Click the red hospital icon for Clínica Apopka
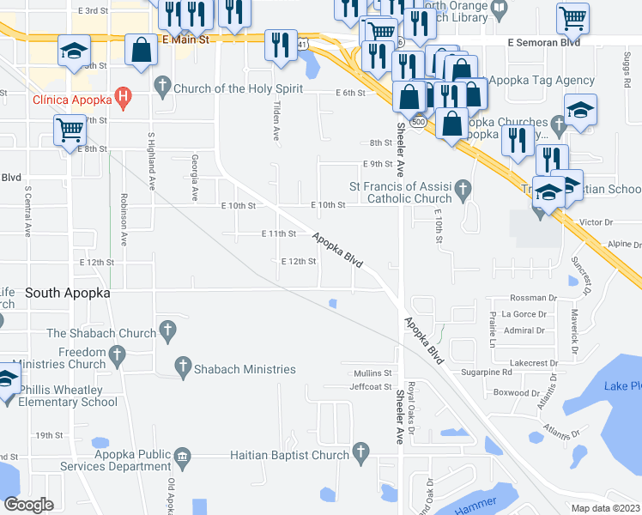click(124, 98)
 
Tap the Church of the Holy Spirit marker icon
click(161, 87)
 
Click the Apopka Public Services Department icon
click(181, 455)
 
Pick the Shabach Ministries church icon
click(182, 367)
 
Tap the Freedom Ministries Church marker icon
click(118, 354)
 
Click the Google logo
click(28, 505)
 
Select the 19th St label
click(49, 435)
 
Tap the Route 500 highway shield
click(418, 123)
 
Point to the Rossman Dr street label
click(529, 298)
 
